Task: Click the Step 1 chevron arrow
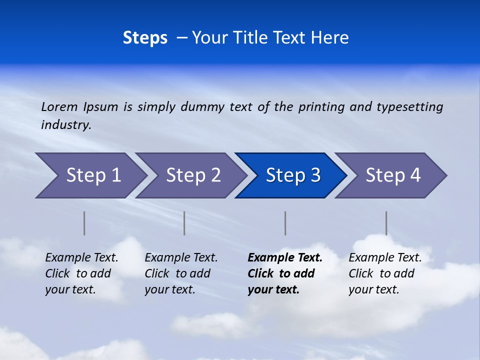(x=92, y=175)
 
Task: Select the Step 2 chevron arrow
(x=192, y=175)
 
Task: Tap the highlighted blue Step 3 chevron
(x=292, y=175)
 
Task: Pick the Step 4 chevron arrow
(x=392, y=175)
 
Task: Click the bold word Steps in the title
(x=145, y=38)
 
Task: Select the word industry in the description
(x=65, y=125)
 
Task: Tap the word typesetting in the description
(x=409, y=107)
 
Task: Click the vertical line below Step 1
(x=84, y=223)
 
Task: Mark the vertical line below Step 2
(x=184, y=223)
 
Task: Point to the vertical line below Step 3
(x=285, y=223)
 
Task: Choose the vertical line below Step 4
(x=386, y=223)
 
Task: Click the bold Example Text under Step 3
(x=285, y=258)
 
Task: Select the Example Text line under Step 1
(x=81, y=258)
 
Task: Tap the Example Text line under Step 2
(x=181, y=258)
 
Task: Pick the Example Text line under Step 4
(x=385, y=258)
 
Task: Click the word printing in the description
(x=321, y=107)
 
